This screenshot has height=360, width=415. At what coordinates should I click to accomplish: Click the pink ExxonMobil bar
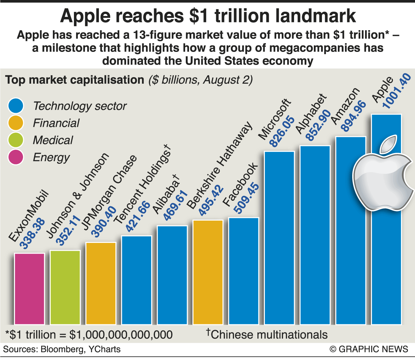tap(29, 289)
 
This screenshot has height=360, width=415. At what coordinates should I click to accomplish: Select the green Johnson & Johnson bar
tap(65, 287)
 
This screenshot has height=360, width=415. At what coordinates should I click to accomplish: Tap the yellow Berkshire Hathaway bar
tap(208, 272)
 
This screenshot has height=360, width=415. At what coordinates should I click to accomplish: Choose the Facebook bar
tap(243, 271)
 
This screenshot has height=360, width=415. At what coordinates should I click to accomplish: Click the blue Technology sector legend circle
tap(15, 106)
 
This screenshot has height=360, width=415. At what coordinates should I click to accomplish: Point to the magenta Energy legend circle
tap(15, 157)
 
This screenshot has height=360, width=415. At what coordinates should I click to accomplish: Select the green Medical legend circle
tap(15, 140)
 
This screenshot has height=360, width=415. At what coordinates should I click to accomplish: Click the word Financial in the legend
tap(56, 123)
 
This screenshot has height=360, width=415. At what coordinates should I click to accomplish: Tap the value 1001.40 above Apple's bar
tap(397, 91)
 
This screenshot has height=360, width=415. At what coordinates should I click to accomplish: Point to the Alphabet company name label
tap(311, 114)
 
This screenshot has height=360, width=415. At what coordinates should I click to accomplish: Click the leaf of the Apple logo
tap(388, 144)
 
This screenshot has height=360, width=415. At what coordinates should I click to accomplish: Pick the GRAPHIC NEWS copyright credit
tap(369, 349)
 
